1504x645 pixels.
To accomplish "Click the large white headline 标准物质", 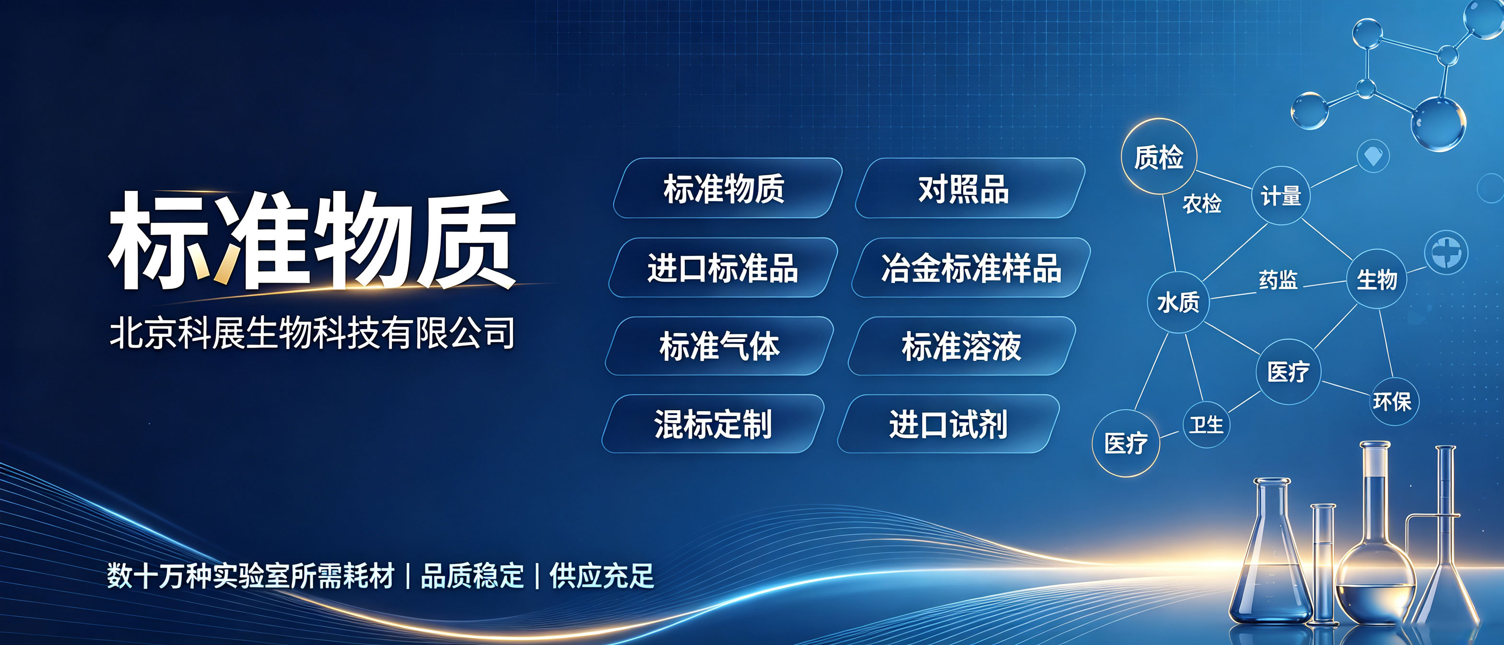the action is coord(312,239).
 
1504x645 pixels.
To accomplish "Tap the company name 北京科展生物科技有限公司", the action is coord(312,333).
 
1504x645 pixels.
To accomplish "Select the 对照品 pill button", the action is coord(970,188).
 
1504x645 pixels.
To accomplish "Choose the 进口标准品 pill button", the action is coord(723,268).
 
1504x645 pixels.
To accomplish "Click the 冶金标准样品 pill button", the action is coord(971,268).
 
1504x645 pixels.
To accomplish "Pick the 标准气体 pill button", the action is coord(719,346).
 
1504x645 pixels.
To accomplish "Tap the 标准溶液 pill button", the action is coord(962,346).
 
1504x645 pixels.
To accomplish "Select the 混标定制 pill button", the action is coord(713,424).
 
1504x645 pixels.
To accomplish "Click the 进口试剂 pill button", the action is coord(948,424).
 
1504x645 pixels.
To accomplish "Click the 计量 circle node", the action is coord(1281,196).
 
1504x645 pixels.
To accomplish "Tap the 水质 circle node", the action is coord(1178,302).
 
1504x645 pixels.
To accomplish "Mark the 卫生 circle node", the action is coord(1206,424).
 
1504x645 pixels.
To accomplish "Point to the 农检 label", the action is coord(1201,203).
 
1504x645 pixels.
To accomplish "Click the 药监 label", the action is coord(1278,280).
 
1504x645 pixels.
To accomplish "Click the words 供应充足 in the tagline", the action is coord(602,576).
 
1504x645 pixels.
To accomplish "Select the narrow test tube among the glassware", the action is coord(1324,564).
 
